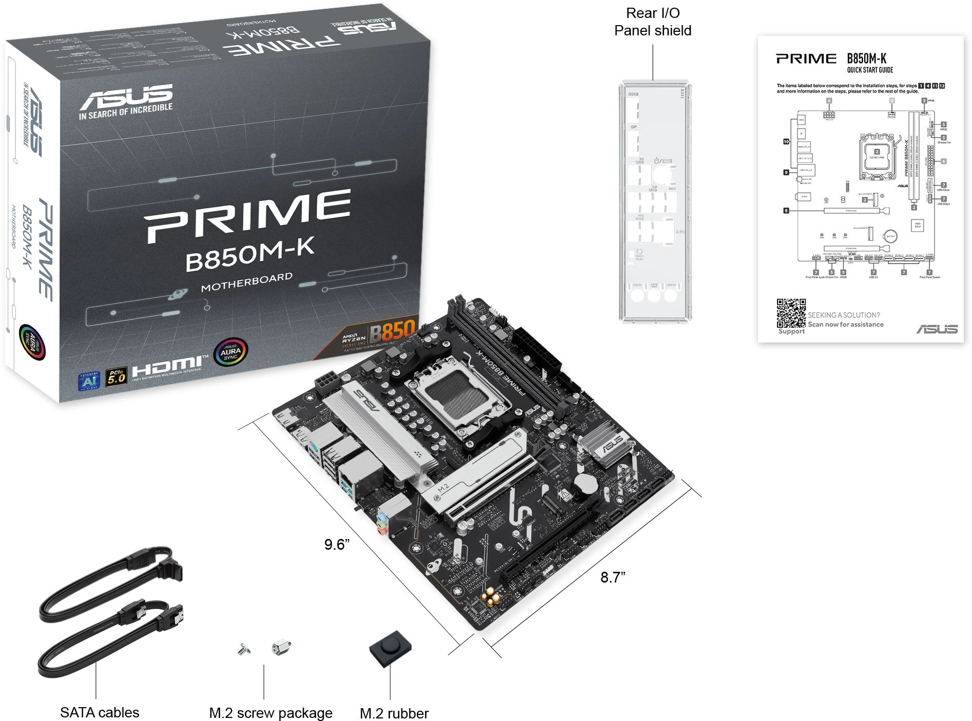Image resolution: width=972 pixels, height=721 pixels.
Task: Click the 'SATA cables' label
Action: click(100, 712)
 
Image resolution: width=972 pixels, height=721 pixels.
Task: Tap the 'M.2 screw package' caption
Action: click(270, 713)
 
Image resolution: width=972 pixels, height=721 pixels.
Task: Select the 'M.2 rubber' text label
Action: click(394, 713)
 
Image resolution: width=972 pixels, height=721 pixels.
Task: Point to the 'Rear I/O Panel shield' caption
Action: click(652, 22)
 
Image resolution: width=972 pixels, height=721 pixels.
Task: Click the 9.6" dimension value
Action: click(337, 544)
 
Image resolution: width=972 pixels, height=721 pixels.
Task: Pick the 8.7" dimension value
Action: click(613, 577)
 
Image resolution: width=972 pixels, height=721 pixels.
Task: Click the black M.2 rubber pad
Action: click(390, 648)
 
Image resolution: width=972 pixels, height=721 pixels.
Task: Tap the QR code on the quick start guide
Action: click(790, 313)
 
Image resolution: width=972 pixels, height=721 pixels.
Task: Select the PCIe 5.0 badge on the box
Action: click(116, 377)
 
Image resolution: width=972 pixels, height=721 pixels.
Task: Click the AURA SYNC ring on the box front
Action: click(230, 352)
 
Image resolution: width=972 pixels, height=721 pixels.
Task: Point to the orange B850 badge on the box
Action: click(392, 331)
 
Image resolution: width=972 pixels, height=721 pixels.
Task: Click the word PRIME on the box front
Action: click(247, 215)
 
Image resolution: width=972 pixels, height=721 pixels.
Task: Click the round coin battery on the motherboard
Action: click(585, 483)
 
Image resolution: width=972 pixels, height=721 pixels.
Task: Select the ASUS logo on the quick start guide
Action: click(937, 329)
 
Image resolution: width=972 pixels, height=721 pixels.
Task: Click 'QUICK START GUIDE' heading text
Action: click(870, 70)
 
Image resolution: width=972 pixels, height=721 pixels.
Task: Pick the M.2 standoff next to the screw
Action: click(282, 647)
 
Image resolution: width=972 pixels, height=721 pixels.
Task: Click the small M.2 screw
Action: click(244, 650)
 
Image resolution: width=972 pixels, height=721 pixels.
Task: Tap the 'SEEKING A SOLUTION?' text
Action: click(844, 315)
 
